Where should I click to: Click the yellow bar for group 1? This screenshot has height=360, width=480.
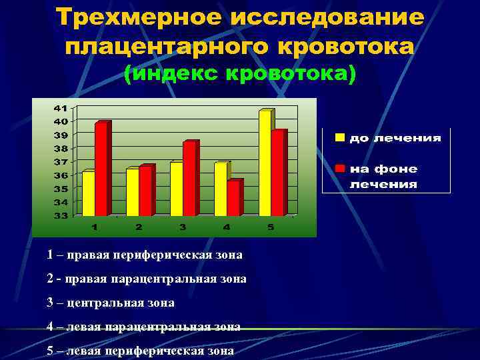[88, 193]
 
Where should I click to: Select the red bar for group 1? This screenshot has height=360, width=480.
[101, 169]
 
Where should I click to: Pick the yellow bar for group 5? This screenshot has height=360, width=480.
[265, 163]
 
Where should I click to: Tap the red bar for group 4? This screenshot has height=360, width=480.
[233, 199]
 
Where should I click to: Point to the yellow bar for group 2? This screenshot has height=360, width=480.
[132, 192]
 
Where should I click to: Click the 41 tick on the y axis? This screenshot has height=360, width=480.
[61, 107]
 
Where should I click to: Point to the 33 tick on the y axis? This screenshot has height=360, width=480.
[61, 215]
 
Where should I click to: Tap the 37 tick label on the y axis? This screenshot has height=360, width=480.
[61, 161]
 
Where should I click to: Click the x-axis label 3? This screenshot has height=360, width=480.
[182, 227]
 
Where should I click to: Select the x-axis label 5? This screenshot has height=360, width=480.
[270, 227]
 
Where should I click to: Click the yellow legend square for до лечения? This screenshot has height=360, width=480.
[340, 138]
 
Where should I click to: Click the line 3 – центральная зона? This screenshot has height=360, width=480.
[111, 303]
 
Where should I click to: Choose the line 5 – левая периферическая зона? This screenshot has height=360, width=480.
[140, 350]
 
